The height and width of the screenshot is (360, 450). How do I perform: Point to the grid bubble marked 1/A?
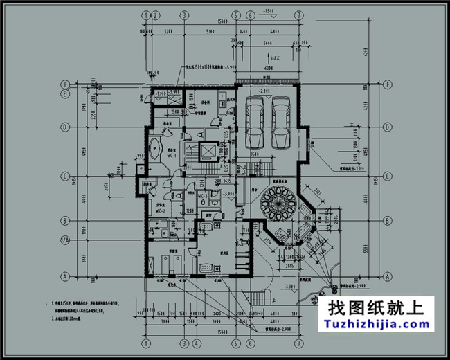click(x=64, y=240)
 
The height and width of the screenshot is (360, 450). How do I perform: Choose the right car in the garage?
click(x=281, y=122)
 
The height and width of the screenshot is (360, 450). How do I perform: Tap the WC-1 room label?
click(x=170, y=156)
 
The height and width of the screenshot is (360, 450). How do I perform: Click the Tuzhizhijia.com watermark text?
click(x=374, y=324)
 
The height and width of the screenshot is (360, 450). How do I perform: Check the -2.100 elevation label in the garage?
click(x=264, y=91)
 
